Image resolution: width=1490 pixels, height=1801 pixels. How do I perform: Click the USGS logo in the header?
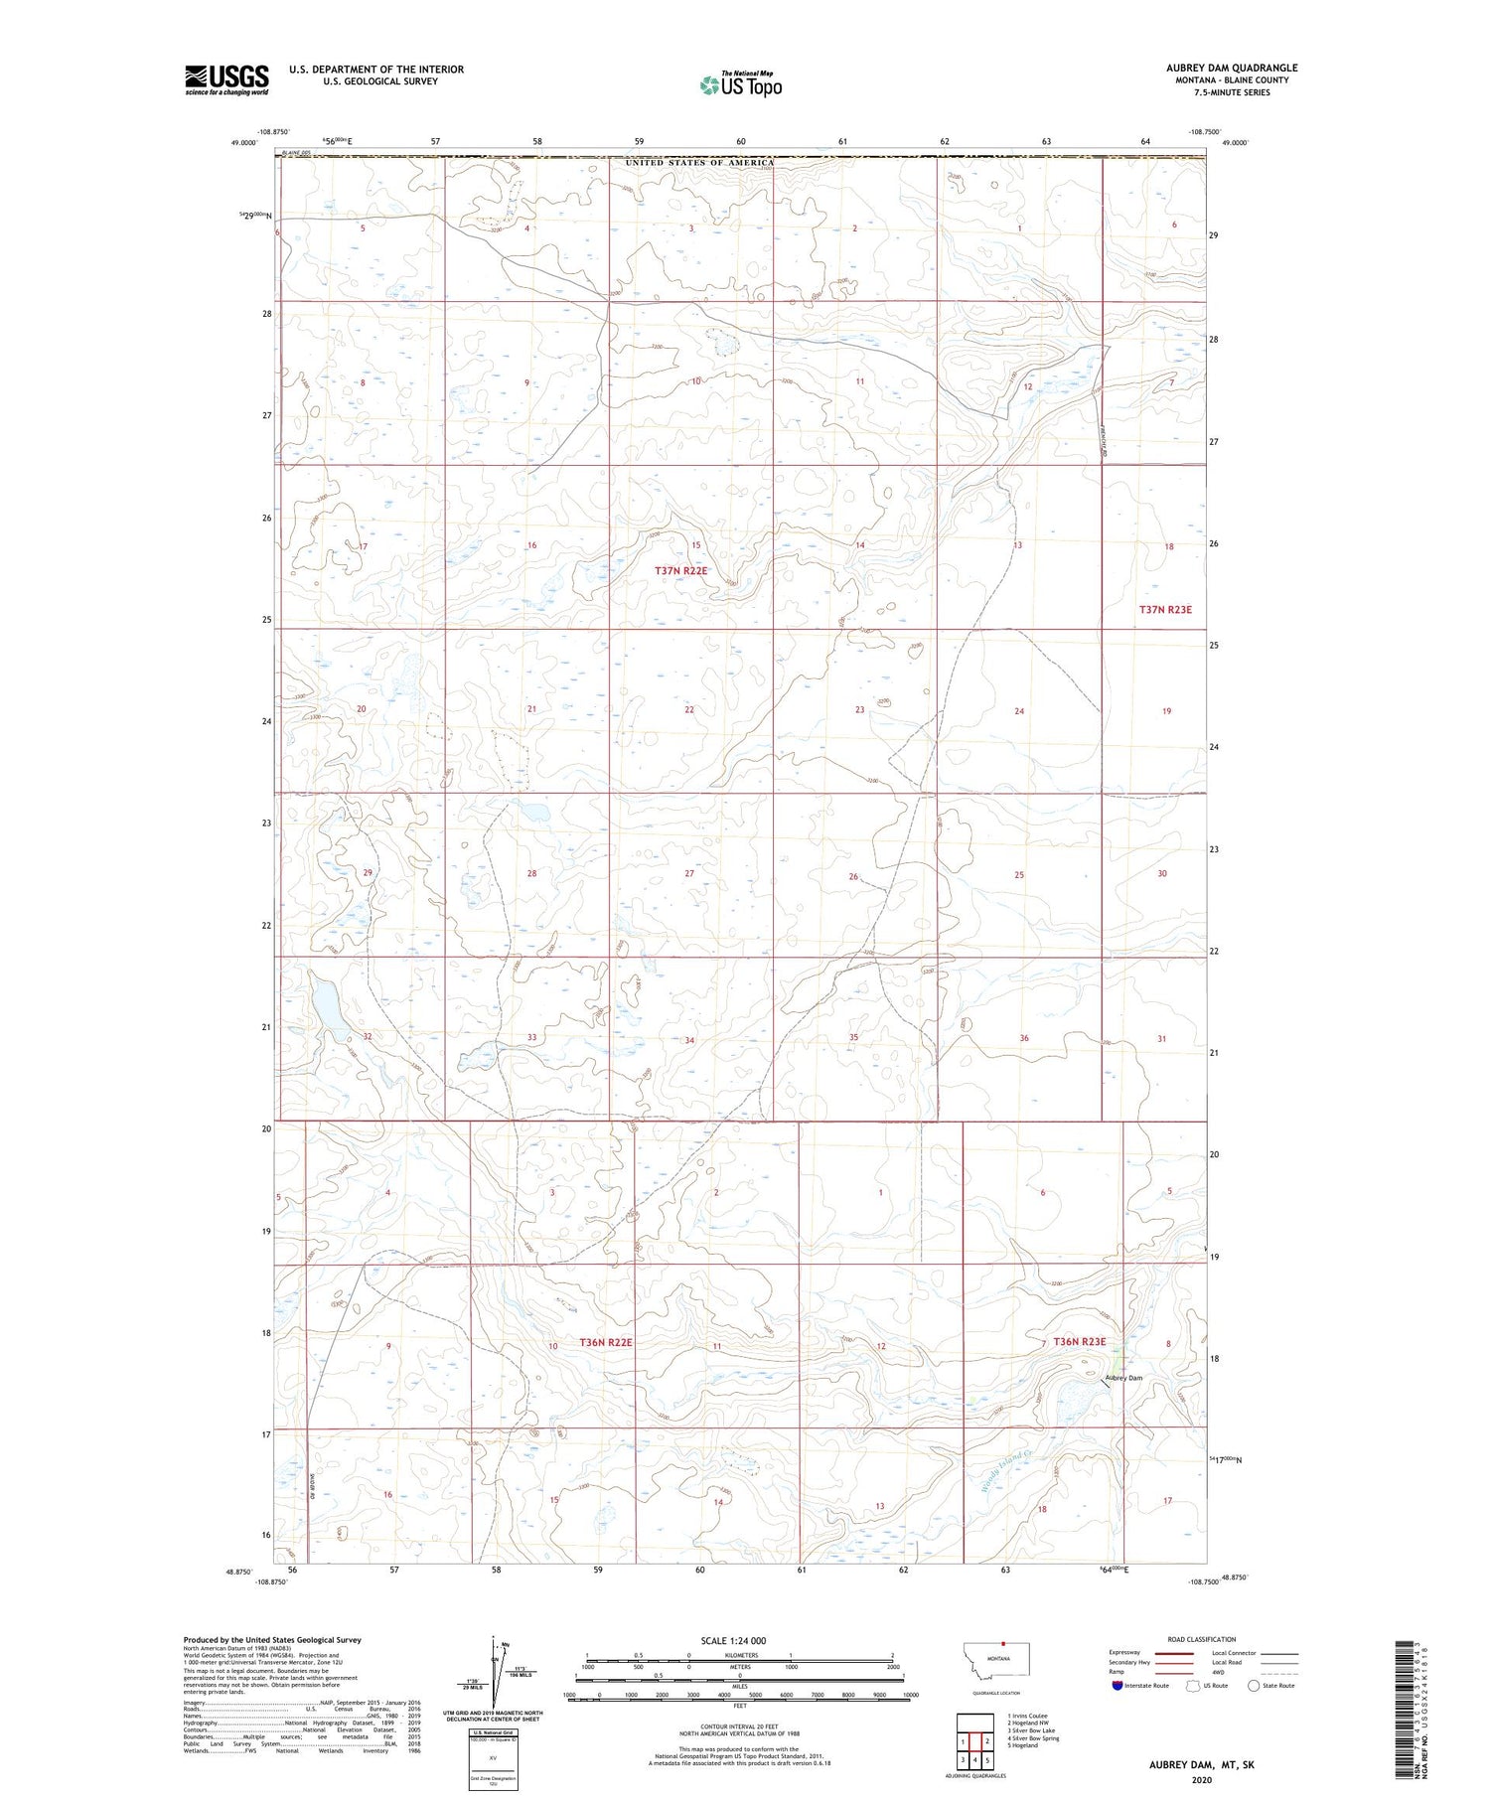point(226,79)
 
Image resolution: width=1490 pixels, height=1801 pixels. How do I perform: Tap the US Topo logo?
point(740,85)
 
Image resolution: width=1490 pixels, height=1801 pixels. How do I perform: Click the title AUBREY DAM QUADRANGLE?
point(1231,68)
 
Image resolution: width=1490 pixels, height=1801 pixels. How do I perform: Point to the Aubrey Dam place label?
point(1124,1378)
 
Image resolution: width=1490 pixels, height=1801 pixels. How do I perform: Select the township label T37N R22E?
point(681,570)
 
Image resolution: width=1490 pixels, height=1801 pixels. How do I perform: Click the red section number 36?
point(1023,1038)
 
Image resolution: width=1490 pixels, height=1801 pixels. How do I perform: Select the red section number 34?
point(689,1040)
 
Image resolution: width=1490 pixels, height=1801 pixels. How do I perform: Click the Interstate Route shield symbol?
point(1118,1686)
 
